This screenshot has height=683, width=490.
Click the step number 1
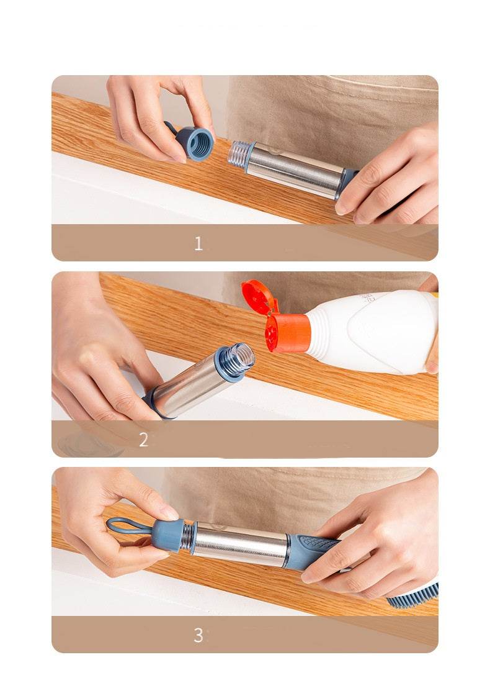[198, 243]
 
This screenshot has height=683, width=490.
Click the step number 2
[143, 440]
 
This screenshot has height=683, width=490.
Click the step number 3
[198, 635]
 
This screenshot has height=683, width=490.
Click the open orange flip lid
[258, 297]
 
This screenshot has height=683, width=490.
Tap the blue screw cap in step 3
[169, 535]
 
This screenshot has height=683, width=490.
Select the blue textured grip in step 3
[313, 549]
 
